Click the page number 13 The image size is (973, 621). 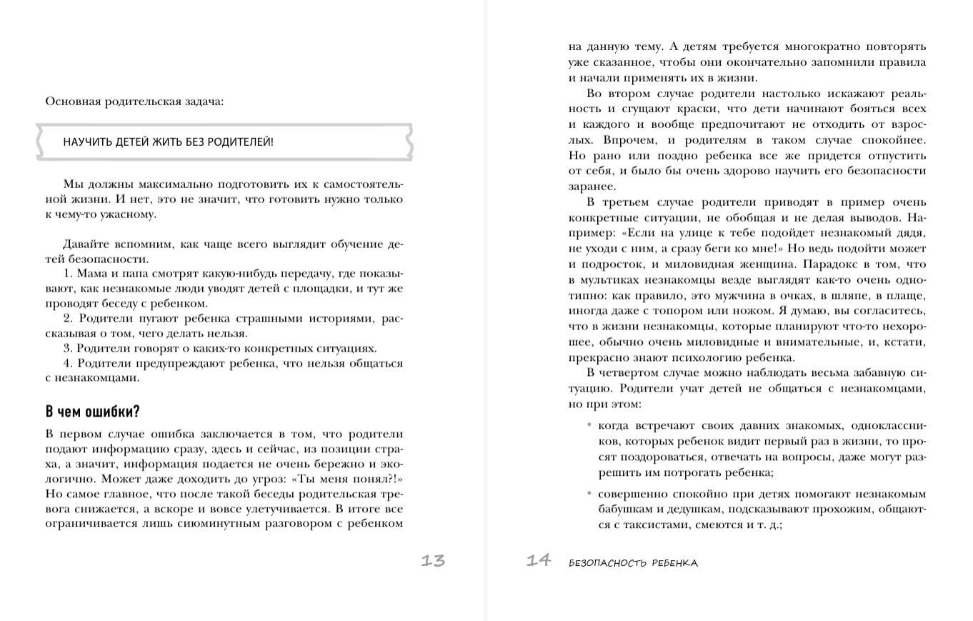(432, 561)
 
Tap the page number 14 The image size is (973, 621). (539, 561)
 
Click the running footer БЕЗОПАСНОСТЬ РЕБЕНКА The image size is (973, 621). (633, 563)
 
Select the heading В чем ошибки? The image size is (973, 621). (92, 412)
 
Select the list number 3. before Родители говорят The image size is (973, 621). (68, 348)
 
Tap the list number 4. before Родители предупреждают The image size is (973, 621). (68, 363)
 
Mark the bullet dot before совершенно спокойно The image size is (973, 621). (589, 494)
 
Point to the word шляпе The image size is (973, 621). (844, 295)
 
